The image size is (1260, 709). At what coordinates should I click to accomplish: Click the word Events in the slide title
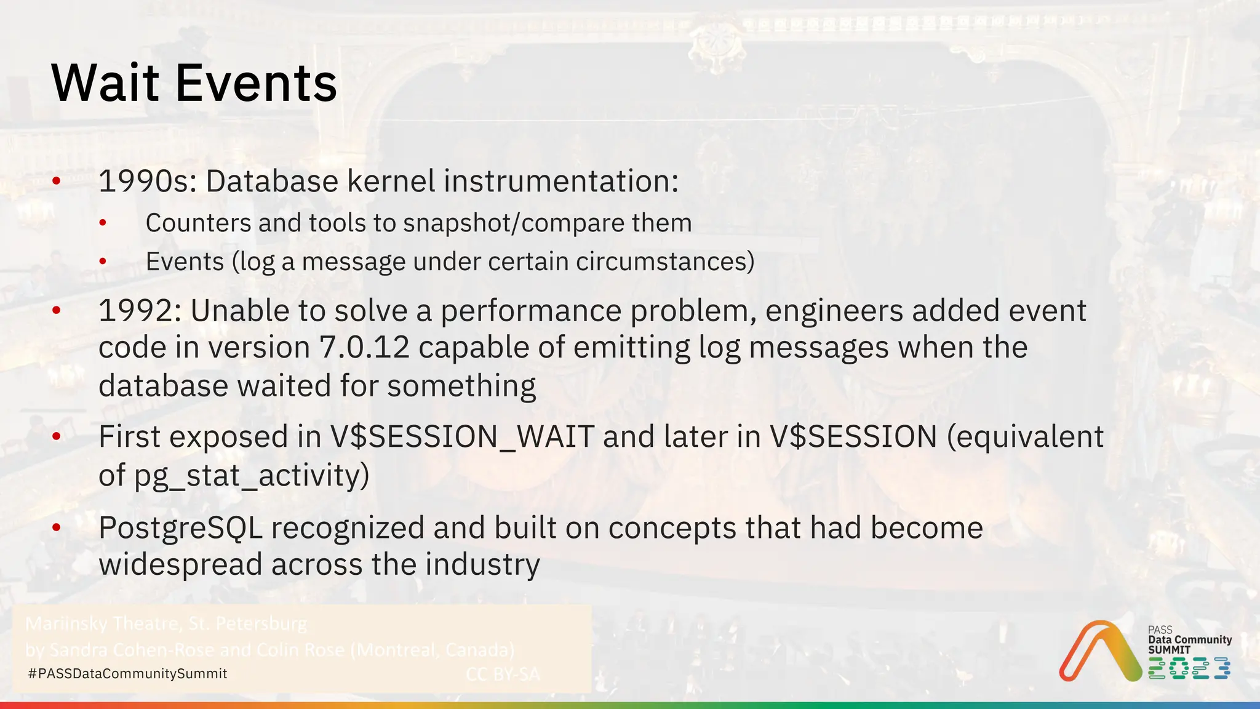tap(257, 83)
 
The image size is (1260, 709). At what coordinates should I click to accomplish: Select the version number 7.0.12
tap(364, 348)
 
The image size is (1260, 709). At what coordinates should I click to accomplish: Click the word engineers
tap(834, 311)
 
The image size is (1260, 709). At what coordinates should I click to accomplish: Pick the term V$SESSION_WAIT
tap(462, 437)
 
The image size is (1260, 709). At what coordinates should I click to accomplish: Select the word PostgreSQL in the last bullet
tap(180, 528)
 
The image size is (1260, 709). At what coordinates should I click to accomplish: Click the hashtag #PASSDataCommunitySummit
tap(128, 674)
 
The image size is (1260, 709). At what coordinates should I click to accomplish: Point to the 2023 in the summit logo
tap(1189, 668)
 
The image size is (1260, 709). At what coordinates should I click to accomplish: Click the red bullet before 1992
tap(57, 311)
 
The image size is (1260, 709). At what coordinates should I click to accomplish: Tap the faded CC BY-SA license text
tap(503, 675)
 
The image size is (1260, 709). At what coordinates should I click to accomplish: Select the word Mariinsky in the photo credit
tap(66, 624)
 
